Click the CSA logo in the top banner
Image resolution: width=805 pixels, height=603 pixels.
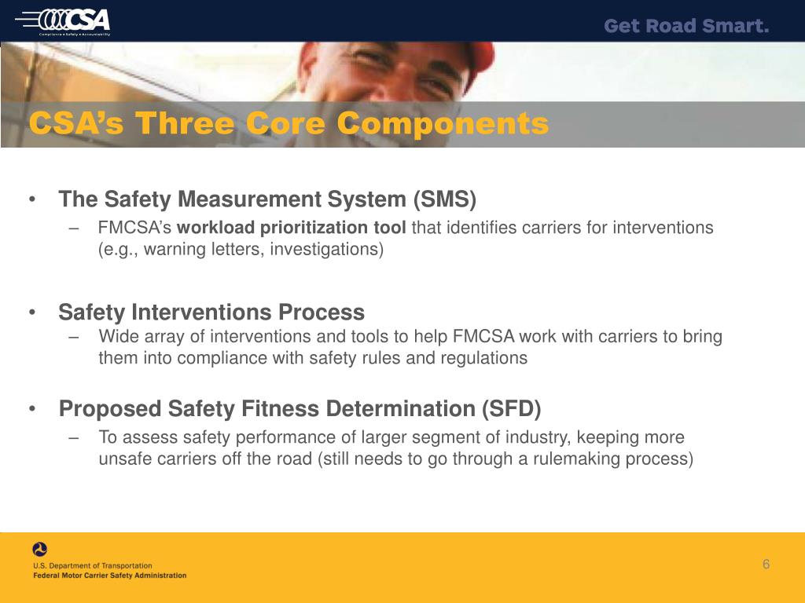(x=75, y=20)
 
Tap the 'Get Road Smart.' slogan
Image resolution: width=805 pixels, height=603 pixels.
(x=686, y=26)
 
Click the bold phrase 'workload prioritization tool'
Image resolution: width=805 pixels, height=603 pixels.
(x=292, y=228)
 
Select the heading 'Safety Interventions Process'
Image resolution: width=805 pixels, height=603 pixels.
(x=211, y=312)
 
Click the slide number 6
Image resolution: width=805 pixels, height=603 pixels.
(x=766, y=565)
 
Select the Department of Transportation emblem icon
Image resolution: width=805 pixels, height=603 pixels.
(x=39, y=550)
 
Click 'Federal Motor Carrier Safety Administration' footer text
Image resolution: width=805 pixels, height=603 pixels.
(x=110, y=576)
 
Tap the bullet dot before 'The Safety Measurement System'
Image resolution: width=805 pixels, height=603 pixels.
(x=31, y=200)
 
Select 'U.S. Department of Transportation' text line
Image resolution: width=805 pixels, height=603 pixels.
(x=93, y=565)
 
